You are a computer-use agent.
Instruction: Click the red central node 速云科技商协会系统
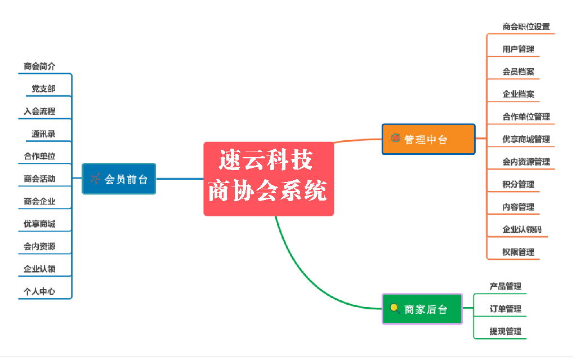269,179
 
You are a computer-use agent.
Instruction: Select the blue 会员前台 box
119,179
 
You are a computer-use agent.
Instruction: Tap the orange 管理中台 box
428,139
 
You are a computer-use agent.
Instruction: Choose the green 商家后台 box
422,309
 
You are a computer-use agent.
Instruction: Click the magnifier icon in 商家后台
395,308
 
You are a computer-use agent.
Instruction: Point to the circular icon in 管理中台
395,138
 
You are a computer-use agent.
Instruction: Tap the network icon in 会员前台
95,179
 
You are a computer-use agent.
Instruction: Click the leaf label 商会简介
39,66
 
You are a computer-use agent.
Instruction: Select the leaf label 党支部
43,88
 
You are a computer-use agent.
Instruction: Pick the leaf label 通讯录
43,134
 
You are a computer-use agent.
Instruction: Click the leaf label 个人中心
39,291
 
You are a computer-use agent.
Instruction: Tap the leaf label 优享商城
39,224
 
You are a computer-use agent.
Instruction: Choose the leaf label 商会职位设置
526,26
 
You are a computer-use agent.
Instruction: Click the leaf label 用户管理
518,49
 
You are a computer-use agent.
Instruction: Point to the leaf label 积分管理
518,184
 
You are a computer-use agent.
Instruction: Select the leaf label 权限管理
518,252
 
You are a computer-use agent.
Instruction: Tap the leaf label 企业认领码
522,229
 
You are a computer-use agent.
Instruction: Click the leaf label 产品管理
505,286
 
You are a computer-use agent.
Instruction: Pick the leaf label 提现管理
505,331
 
